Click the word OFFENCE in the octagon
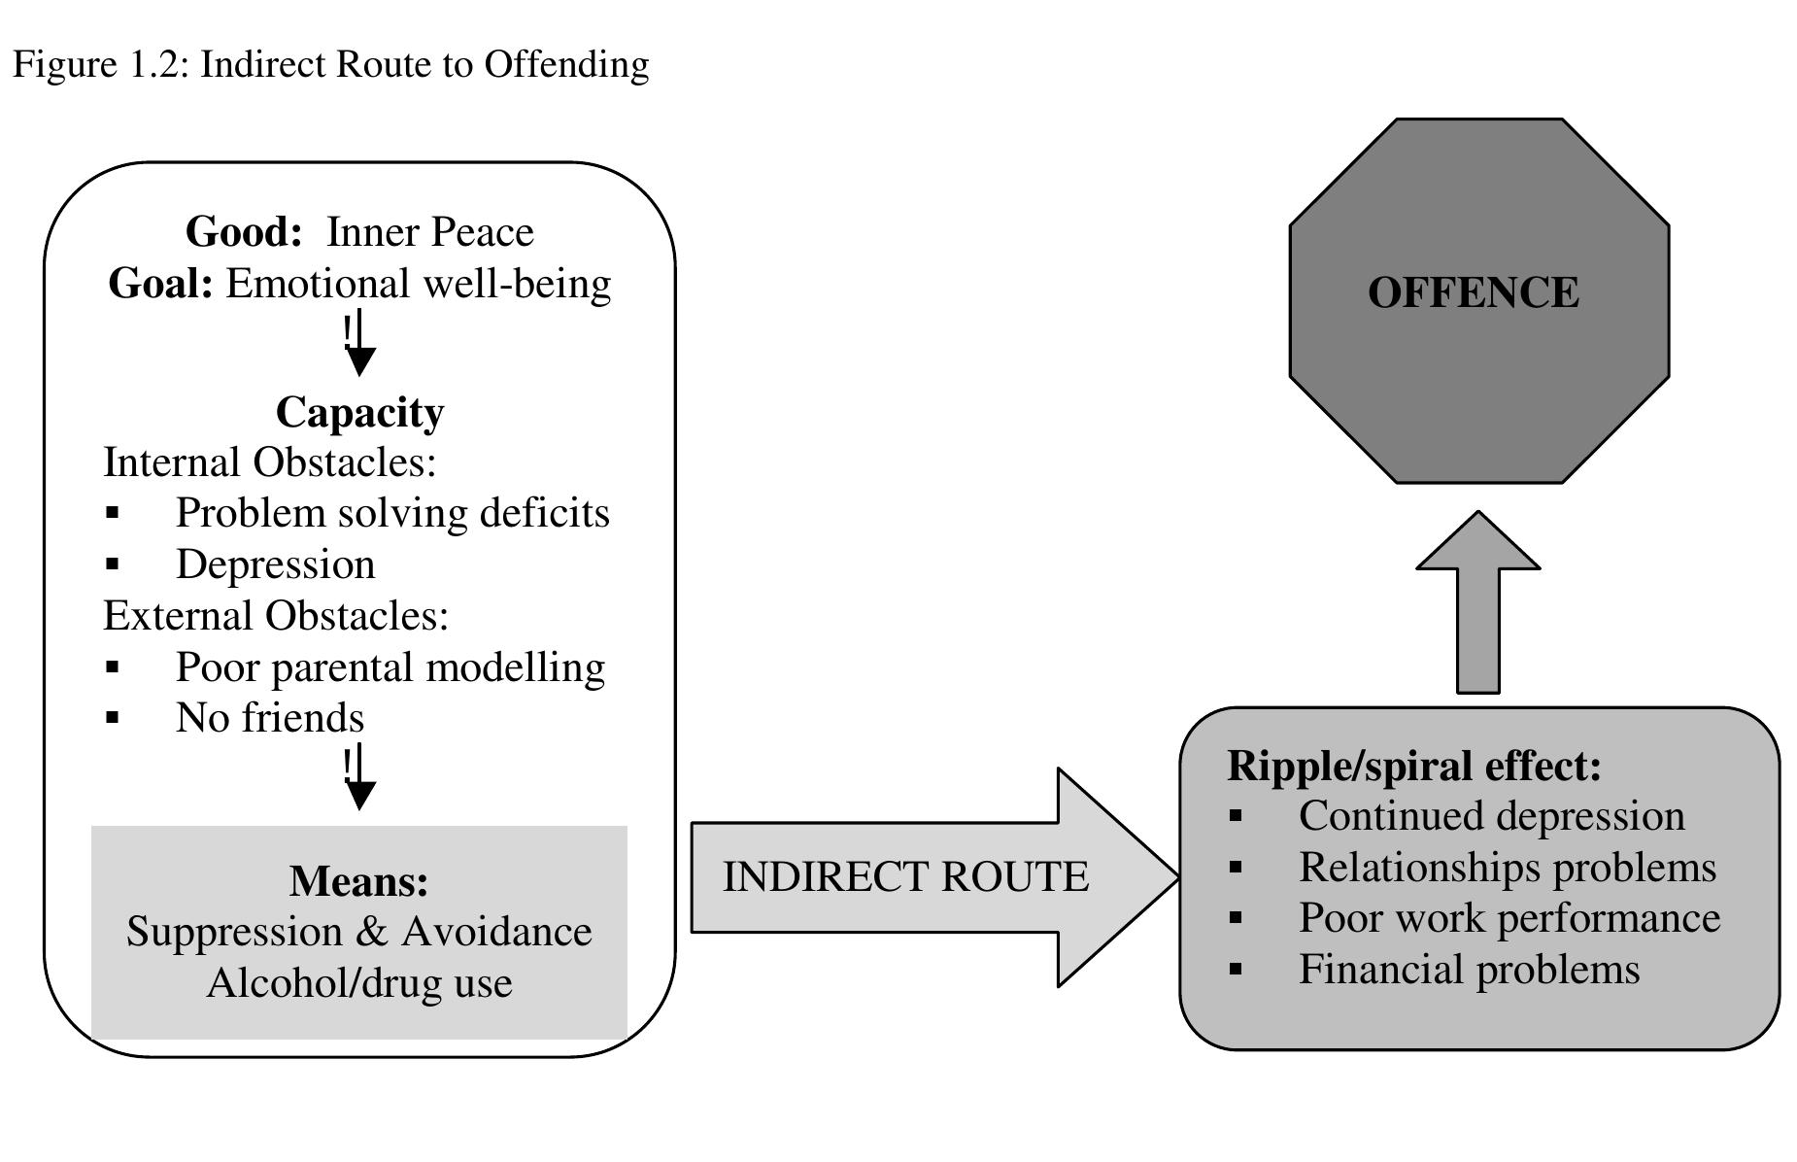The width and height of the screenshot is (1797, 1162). (x=1473, y=292)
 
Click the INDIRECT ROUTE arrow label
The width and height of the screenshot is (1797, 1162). (x=905, y=876)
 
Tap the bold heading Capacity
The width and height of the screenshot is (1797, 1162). (x=359, y=412)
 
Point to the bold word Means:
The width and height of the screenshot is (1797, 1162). (x=358, y=881)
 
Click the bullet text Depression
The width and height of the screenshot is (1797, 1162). (x=275, y=564)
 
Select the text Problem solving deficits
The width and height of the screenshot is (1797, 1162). (x=392, y=513)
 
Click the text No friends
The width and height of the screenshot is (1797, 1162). (x=269, y=718)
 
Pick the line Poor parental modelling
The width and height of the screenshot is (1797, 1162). (x=390, y=667)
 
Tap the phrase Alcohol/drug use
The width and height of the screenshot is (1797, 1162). (x=359, y=982)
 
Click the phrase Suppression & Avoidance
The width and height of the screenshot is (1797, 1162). (x=358, y=932)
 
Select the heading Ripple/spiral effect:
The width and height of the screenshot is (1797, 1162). (x=1413, y=766)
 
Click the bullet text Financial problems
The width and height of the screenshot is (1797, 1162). (x=1469, y=970)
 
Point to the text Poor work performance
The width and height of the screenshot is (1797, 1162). (x=1509, y=918)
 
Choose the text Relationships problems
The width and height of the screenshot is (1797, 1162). (x=1507, y=868)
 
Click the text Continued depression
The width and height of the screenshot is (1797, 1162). (x=1491, y=816)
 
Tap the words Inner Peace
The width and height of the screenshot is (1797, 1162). (x=429, y=232)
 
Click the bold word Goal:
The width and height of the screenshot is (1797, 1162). (x=160, y=284)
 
